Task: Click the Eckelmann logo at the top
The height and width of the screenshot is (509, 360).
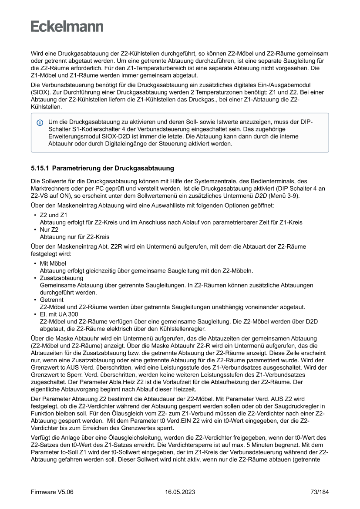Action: click(67, 27)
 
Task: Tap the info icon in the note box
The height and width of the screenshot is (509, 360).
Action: click(40, 123)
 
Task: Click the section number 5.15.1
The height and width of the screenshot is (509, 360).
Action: click(40, 168)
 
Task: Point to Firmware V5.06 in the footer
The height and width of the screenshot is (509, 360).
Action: click(52, 492)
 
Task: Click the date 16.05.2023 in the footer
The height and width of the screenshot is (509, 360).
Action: click(180, 492)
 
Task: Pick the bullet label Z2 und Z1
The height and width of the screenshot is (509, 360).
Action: click(54, 215)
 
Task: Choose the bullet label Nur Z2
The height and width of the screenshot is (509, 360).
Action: click(49, 229)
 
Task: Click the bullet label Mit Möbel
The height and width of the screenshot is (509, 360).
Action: click(53, 263)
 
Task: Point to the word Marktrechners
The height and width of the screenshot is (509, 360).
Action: click(51, 189)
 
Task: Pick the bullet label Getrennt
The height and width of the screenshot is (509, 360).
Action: click(51, 300)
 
